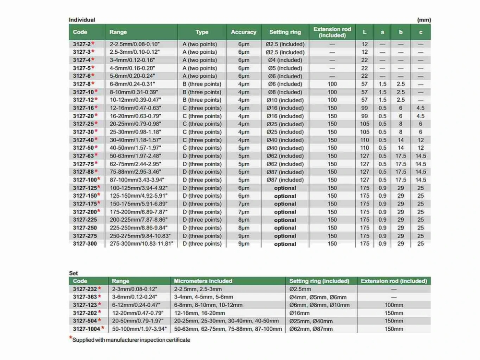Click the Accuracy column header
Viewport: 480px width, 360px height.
243,32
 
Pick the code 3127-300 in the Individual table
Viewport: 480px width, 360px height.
85,244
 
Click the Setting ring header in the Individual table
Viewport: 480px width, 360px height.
285,32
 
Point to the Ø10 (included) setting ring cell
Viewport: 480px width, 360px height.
285,100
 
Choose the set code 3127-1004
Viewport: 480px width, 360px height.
86,329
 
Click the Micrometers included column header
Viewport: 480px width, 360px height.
203,281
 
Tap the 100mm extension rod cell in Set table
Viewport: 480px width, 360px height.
394,305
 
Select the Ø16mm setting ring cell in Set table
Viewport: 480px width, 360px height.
301,313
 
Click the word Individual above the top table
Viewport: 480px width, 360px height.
82,20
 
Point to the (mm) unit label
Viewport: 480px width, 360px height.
424,20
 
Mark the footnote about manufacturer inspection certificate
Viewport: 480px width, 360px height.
131,340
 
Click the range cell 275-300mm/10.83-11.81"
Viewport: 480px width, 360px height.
142,244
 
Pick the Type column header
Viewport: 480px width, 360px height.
202,32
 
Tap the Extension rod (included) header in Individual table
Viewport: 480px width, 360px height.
332,32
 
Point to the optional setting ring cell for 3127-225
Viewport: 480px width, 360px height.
285,220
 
